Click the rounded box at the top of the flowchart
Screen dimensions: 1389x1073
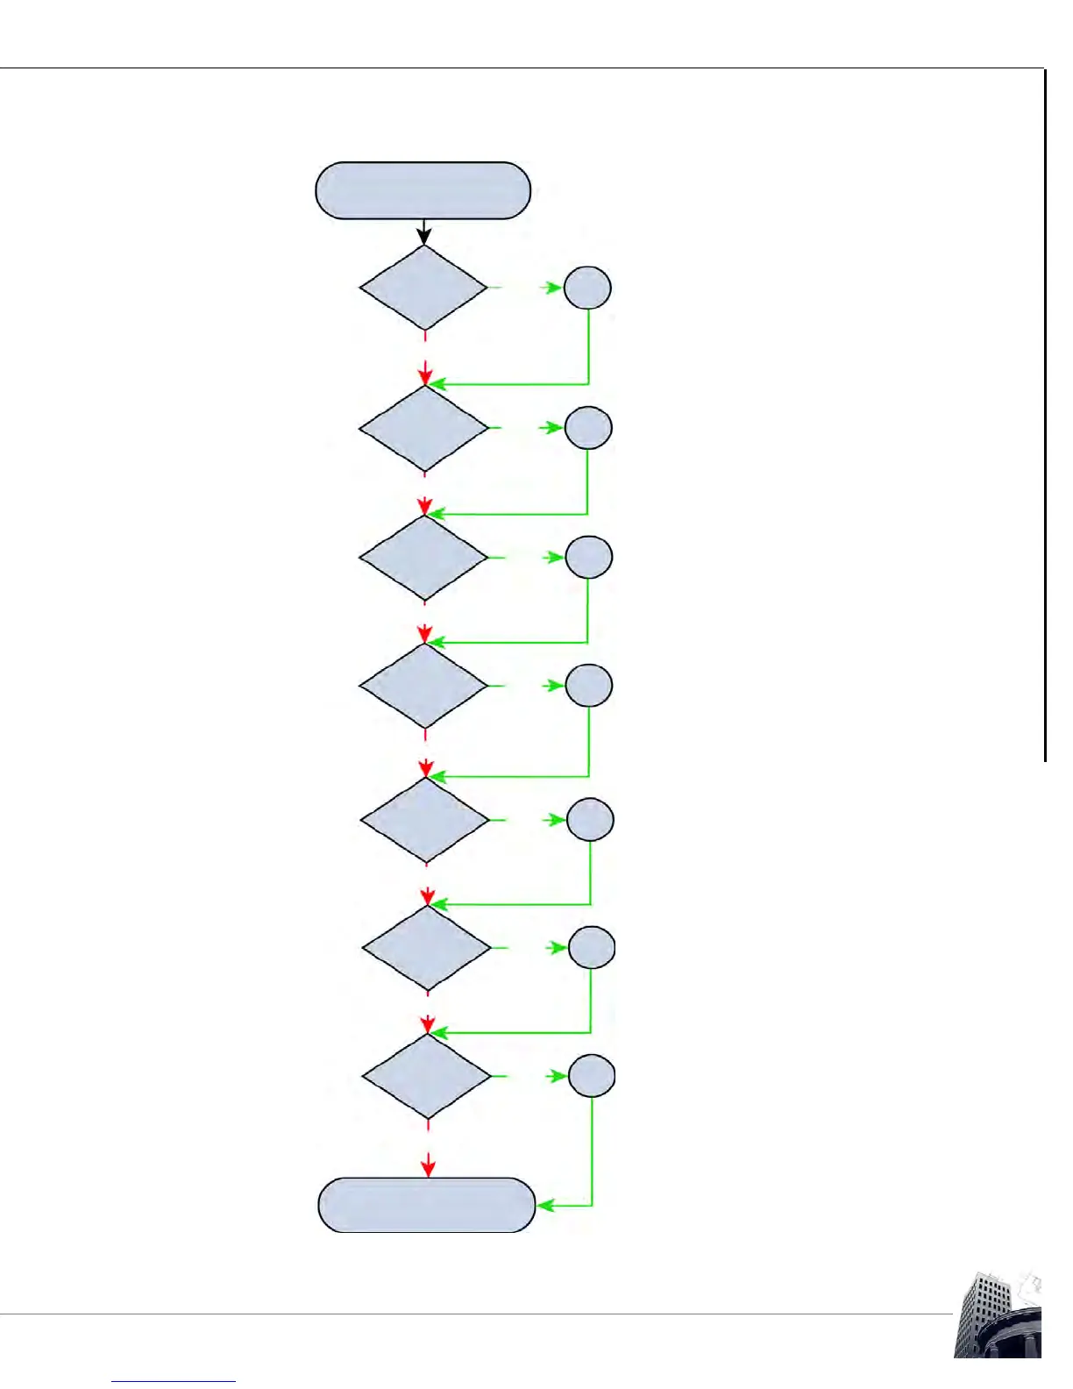click(423, 190)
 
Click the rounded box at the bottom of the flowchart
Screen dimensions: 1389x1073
click(426, 1205)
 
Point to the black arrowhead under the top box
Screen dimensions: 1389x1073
click(424, 237)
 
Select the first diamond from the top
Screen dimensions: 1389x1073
click(423, 288)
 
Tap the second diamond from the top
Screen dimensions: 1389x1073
click(423, 428)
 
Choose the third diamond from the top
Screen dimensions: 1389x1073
click(423, 558)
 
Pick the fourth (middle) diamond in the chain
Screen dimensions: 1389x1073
click(423, 686)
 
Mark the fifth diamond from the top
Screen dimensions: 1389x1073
click(425, 820)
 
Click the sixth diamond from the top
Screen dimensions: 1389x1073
click(426, 948)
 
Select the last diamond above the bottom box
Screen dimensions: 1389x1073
click(427, 1076)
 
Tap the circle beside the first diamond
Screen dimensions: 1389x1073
click(587, 288)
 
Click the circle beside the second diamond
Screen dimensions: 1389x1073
click(588, 428)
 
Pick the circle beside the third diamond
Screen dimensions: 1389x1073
click(588, 557)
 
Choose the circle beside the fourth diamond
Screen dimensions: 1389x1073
click(588, 686)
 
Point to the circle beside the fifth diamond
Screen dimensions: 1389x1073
click(590, 820)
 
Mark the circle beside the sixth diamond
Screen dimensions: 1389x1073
click(592, 948)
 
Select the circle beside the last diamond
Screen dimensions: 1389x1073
click(592, 1076)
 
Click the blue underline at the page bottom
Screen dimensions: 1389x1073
click(174, 1382)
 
